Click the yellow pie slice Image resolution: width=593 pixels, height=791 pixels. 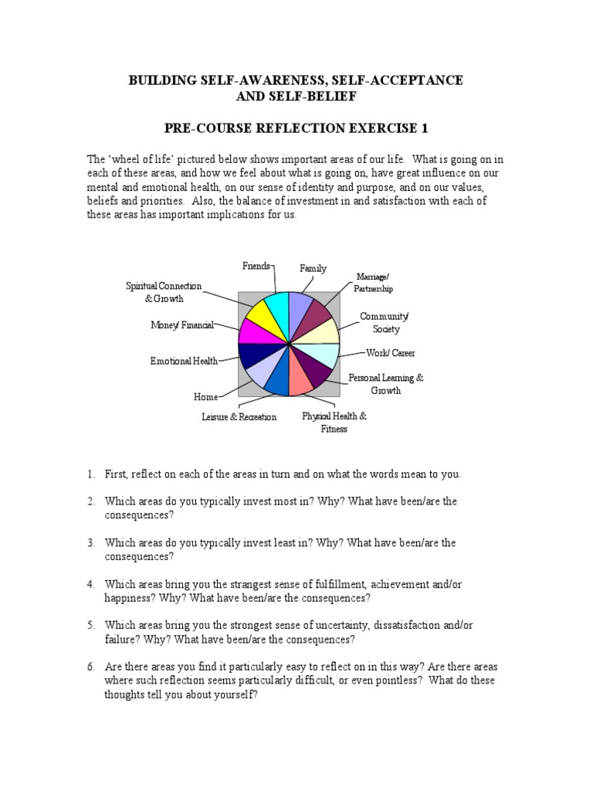[259, 314]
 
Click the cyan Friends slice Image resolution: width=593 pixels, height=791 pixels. [276, 306]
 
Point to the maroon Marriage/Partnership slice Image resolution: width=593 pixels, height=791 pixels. [317, 314]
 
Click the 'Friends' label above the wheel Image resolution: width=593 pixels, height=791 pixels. [256, 266]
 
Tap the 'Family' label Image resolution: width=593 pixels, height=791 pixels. [313, 269]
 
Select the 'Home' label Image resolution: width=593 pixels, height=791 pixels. [205, 397]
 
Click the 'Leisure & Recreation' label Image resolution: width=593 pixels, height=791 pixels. [239, 417]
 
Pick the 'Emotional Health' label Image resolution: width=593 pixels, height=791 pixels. [184, 361]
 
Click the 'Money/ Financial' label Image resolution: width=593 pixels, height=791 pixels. [181, 325]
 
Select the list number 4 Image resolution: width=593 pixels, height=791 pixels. [90, 585]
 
